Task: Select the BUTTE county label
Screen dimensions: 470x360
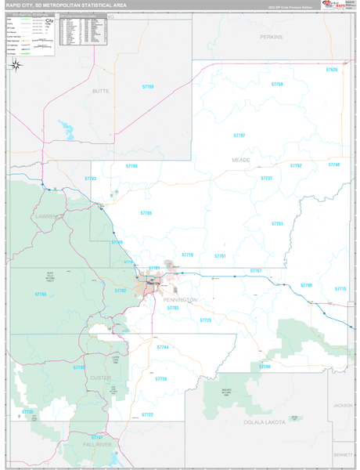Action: tap(101, 113)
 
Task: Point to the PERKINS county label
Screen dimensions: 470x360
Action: tap(272, 37)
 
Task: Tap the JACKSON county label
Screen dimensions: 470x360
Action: tap(342, 405)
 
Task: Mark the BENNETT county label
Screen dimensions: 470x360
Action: tap(342, 454)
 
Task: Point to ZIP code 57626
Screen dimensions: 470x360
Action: tap(333, 70)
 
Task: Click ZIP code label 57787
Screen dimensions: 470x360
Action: tap(239, 136)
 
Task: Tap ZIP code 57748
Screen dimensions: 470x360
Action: tap(334, 164)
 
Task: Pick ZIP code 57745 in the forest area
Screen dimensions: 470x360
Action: tap(40, 294)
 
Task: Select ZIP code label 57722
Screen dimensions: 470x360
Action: tap(147, 414)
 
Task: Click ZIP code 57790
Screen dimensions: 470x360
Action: tap(305, 285)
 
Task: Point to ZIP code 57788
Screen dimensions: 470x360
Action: tap(131, 166)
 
